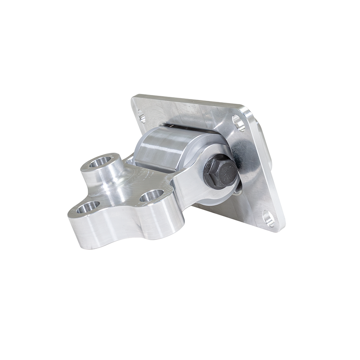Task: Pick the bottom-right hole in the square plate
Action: coord(269,219)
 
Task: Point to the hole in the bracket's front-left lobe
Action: coord(88,207)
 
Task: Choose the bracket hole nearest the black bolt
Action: coord(151,196)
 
